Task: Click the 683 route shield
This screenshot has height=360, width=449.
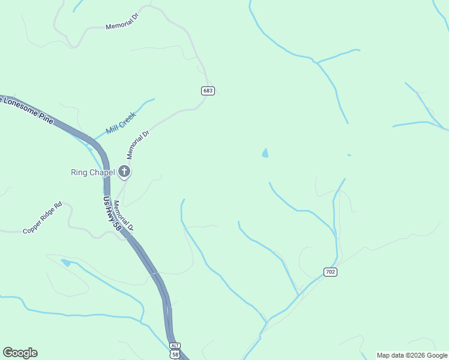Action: pyautogui.click(x=208, y=91)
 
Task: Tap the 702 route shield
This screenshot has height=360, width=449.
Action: pyautogui.click(x=330, y=272)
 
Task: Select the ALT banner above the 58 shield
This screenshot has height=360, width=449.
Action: pyautogui.click(x=175, y=346)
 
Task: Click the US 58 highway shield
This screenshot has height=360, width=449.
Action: pyautogui.click(x=175, y=354)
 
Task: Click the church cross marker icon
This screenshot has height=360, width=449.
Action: pyautogui.click(x=124, y=172)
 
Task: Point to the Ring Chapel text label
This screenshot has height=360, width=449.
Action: pyautogui.click(x=92, y=173)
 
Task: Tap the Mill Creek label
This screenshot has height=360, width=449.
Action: pyautogui.click(x=121, y=123)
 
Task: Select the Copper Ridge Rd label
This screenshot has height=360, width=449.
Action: pyautogui.click(x=43, y=218)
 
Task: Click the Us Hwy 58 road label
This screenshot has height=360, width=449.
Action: pyautogui.click(x=112, y=214)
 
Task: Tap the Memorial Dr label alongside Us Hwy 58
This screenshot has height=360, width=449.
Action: pyautogui.click(x=123, y=217)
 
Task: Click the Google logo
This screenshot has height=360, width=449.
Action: pyautogui.click(x=20, y=353)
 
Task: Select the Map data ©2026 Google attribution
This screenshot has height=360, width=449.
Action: pyautogui.click(x=412, y=355)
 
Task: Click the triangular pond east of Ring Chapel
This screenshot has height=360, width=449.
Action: pyautogui.click(x=265, y=154)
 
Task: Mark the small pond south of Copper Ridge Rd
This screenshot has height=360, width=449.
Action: pyautogui.click(x=65, y=262)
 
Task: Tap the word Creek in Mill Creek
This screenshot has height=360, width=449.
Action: pyautogui.click(x=128, y=118)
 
